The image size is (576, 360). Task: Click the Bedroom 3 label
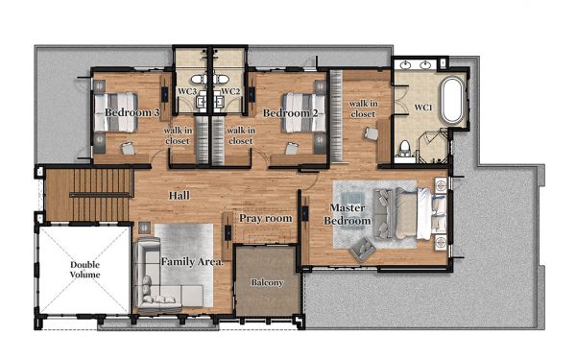click(x=132, y=112)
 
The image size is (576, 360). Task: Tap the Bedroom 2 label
click(x=290, y=113)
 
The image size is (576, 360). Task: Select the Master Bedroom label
click(x=348, y=214)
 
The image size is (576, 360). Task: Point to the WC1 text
click(x=423, y=108)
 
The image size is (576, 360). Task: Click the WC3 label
click(x=187, y=91)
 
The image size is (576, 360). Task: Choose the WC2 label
click(x=231, y=91)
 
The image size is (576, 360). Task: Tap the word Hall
click(x=180, y=196)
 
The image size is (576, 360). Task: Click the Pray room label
click(x=266, y=219)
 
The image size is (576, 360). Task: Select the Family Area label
click(x=192, y=262)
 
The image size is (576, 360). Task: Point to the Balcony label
click(x=267, y=282)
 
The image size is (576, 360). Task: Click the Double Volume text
click(x=84, y=270)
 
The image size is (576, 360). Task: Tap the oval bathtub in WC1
click(x=452, y=100)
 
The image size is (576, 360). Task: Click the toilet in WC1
click(x=404, y=150)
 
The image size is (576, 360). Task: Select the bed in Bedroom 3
click(x=116, y=112)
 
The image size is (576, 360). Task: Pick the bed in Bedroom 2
click(x=303, y=112)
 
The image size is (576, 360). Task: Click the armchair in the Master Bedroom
click(x=363, y=249)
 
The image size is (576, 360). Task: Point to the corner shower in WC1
click(x=433, y=146)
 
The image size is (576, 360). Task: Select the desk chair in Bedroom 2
click(x=292, y=148)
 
